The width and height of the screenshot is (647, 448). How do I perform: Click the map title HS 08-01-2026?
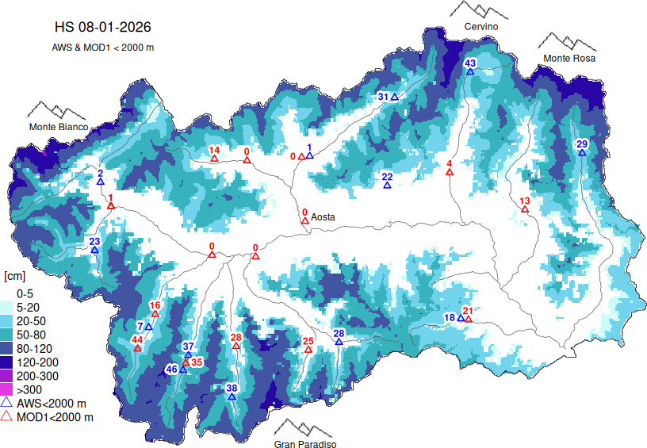click(x=102, y=27)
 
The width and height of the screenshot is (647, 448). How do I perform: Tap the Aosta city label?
click(x=323, y=216)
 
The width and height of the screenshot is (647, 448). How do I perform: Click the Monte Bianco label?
click(x=59, y=127)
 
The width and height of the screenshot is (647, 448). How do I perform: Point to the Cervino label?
click(x=481, y=27)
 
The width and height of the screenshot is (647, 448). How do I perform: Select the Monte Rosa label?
click(x=569, y=59)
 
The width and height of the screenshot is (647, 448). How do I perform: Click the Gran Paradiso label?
click(x=305, y=445)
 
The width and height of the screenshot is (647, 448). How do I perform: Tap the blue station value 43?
click(x=469, y=63)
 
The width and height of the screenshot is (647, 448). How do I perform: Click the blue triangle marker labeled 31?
click(x=394, y=97)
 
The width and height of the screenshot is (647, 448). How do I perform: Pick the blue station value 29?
click(x=581, y=144)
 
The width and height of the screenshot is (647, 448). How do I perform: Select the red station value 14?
click(x=214, y=150)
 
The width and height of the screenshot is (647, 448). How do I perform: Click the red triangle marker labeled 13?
click(x=524, y=210)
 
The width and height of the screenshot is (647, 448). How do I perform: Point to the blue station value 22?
click(x=387, y=176)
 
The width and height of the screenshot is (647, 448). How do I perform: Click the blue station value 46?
click(x=171, y=370)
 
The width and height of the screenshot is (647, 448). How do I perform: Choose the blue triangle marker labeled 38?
click(x=232, y=396)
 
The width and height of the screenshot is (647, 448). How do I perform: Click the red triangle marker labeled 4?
click(x=450, y=172)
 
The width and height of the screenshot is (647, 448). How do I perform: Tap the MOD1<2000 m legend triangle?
click(x=7, y=416)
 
